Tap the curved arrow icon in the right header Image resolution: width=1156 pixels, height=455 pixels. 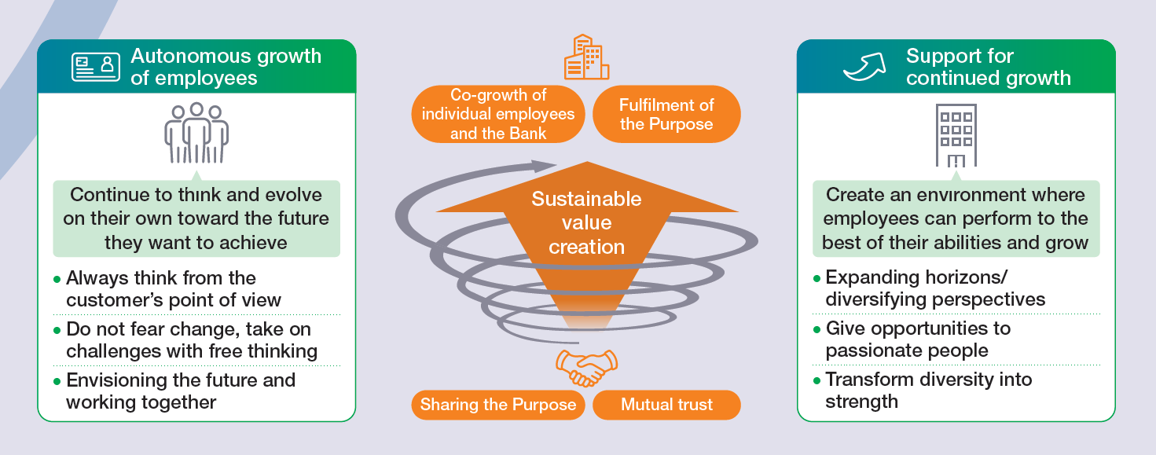863,68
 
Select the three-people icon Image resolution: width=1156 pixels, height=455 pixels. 196,133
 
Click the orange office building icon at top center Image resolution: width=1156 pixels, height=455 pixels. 586,57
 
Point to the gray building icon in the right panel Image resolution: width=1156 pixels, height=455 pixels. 956,136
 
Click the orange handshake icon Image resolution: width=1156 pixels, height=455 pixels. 586,367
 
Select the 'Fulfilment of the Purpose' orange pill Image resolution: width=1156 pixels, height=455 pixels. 666,115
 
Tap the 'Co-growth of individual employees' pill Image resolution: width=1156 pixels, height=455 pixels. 498,114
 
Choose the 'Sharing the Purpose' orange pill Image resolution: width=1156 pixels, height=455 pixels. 498,405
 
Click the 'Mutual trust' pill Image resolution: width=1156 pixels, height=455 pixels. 666,405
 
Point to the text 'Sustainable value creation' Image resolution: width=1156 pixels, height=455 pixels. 586,222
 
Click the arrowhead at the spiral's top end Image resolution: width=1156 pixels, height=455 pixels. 541,167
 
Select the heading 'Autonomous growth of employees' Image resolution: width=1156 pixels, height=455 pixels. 226,67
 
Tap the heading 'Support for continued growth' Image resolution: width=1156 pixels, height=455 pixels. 988,67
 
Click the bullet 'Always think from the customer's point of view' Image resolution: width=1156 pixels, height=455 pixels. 173,288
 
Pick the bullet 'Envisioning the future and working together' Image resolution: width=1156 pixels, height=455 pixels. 180,391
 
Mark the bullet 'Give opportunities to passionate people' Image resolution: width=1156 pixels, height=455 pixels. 917,339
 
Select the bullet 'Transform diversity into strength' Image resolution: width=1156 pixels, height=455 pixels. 927,390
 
